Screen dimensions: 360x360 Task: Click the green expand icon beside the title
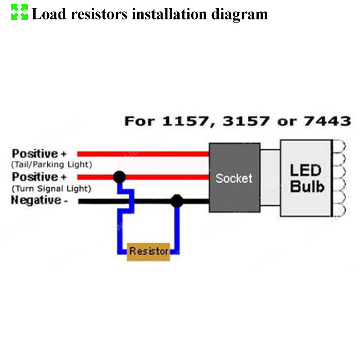click(19, 12)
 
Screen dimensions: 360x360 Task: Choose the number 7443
click(328, 121)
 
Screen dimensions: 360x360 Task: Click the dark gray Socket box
click(234, 178)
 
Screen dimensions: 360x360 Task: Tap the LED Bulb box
click(306, 178)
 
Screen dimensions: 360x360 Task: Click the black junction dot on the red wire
click(119, 176)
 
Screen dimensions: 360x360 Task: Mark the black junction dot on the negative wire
click(177, 201)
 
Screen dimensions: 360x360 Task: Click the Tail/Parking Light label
click(52, 164)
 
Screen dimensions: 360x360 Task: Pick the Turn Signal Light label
click(52, 188)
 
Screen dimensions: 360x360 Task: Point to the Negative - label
click(40, 200)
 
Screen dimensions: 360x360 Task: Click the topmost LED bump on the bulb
click(337, 146)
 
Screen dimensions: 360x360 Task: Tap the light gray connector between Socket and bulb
click(270, 178)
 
